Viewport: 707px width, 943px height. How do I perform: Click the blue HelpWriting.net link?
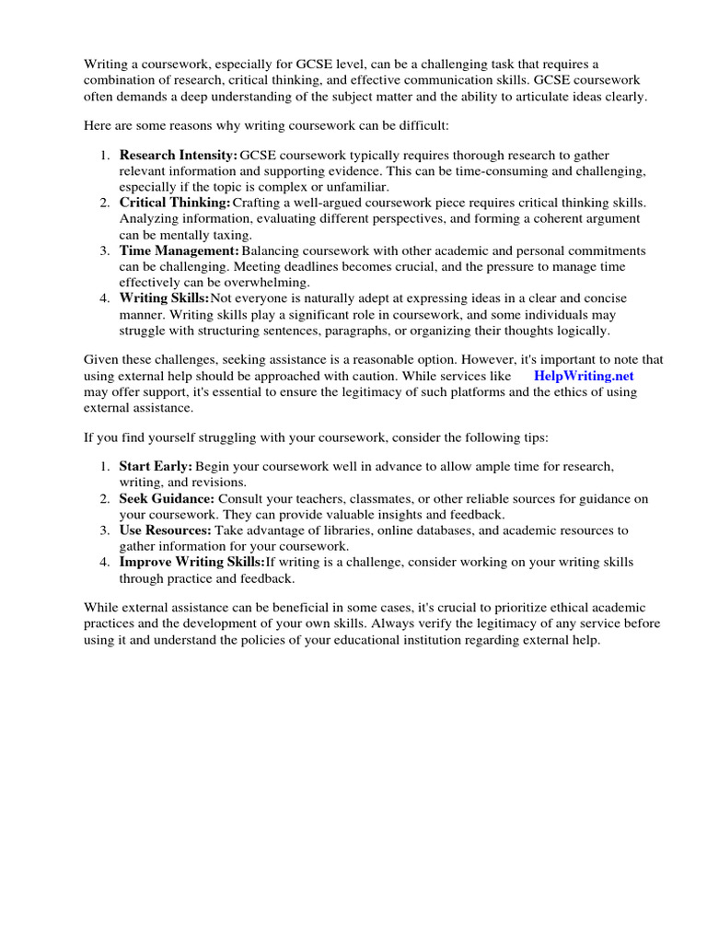pos(584,377)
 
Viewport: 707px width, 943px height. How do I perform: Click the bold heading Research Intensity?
pos(178,156)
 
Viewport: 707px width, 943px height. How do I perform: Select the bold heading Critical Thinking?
pos(175,203)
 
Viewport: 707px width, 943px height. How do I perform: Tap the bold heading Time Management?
pos(179,250)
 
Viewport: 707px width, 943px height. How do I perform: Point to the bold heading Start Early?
pos(156,467)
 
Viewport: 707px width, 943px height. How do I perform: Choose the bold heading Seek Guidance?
pos(167,499)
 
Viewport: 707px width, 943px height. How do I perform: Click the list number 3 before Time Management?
pos(105,250)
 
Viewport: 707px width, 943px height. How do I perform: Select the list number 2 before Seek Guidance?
pos(105,499)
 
